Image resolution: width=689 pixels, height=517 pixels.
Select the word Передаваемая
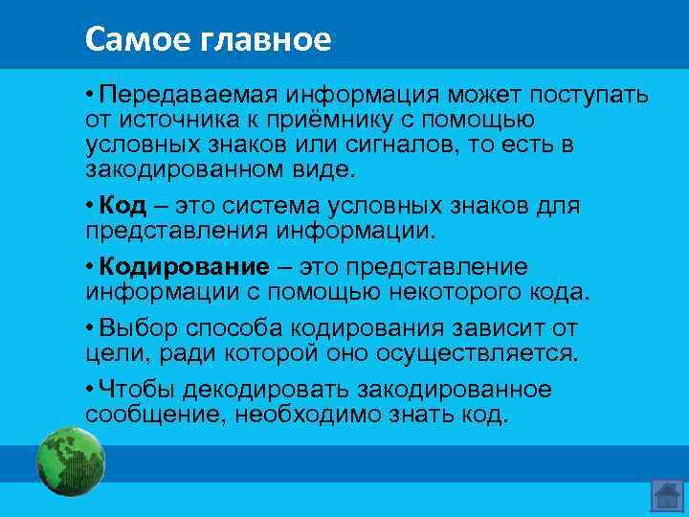tap(183, 96)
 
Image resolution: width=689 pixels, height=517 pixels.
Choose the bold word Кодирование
tap(183, 266)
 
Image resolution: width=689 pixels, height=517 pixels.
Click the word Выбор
tap(138, 327)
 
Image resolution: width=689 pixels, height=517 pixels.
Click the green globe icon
tap(69, 461)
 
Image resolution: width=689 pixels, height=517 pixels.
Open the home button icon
tap(666, 494)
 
